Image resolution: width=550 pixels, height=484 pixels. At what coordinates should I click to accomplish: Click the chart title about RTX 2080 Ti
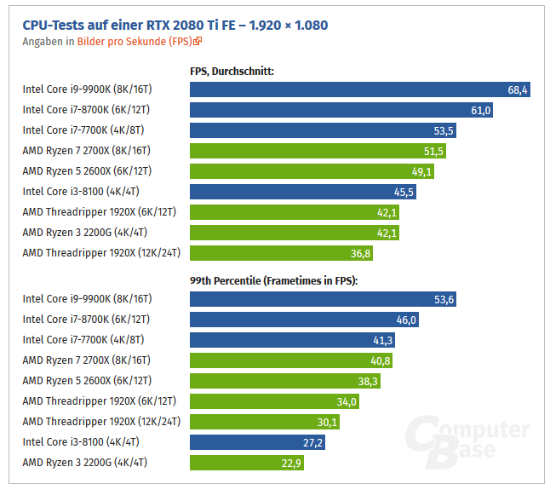tap(175, 26)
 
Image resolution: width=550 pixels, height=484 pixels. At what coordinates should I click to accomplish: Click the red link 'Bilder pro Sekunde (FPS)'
tap(135, 41)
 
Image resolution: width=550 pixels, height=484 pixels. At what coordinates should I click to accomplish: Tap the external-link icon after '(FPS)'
tap(198, 41)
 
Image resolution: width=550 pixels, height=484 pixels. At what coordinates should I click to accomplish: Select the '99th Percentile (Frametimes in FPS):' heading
tap(274, 279)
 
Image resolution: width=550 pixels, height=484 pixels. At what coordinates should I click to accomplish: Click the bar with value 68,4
tap(360, 89)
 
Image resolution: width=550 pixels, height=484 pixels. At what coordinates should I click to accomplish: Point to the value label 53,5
tap(444, 130)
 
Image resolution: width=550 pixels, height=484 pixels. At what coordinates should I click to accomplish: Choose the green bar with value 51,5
tap(318, 151)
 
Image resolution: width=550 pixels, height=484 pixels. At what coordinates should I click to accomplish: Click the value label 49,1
tap(422, 171)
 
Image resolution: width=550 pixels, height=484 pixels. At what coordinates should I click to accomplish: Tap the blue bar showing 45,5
tap(303, 192)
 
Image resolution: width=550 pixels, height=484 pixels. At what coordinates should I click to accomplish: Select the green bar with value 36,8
tap(281, 253)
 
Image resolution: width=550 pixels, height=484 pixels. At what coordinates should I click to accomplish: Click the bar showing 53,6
tap(324, 299)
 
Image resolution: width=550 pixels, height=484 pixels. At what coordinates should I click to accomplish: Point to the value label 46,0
tap(407, 320)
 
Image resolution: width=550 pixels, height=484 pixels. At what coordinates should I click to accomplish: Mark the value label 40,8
tap(381, 360)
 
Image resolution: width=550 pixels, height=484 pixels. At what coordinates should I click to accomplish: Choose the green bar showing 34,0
tap(274, 401)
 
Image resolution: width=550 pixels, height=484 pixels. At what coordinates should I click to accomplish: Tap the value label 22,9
tap(290, 463)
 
